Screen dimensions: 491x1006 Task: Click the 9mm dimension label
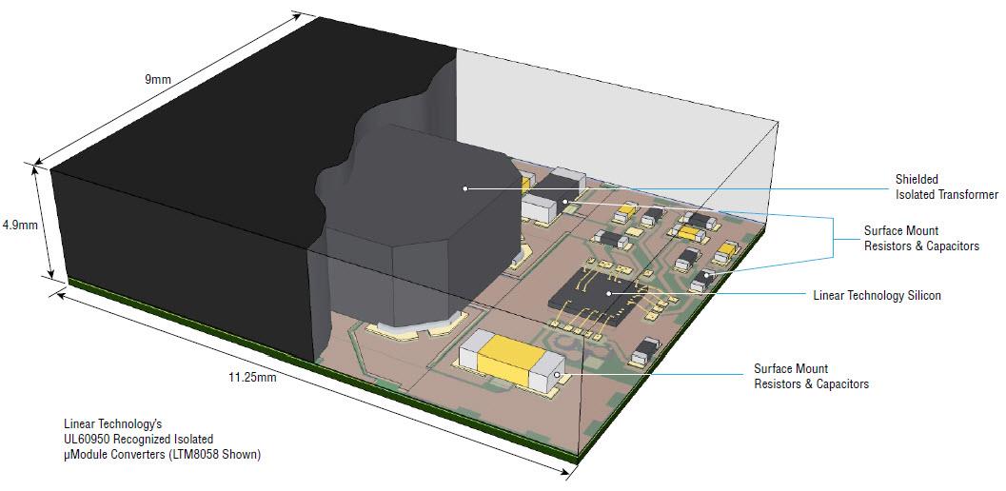coord(157,80)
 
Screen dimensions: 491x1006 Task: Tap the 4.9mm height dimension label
coord(19,226)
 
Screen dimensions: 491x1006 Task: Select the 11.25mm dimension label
coord(252,378)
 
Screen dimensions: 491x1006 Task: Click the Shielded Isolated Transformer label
coord(946,187)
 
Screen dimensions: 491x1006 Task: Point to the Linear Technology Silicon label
coord(877,296)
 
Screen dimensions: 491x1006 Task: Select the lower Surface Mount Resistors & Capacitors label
coord(811,376)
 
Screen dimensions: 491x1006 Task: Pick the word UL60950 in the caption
coord(89,439)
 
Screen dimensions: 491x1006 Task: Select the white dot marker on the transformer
coord(464,188)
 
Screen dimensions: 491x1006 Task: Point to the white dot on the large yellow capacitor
coord(567,374)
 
